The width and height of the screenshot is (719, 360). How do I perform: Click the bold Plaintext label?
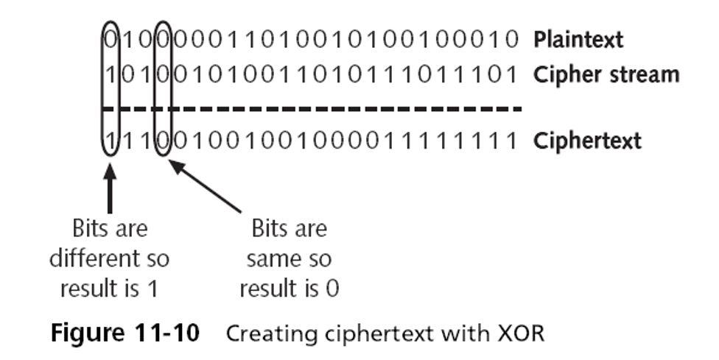(x=578, y=40)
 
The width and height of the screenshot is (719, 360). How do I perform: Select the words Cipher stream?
(x=606, y=74)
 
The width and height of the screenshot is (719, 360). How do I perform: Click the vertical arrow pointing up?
(x=110, y=188)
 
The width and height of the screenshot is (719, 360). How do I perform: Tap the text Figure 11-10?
(x=124, y=333)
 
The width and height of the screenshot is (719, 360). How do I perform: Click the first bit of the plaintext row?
(x=111, y=40)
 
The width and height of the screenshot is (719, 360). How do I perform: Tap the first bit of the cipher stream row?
(x=111, y=74)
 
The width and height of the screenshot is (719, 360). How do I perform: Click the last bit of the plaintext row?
(x=512, y=40)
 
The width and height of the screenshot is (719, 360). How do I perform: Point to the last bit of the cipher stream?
(x=512, y=74)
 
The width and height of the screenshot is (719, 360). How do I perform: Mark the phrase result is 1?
(x=109, y=289)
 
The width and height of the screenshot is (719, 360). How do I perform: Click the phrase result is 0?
(x=290, y=289)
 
